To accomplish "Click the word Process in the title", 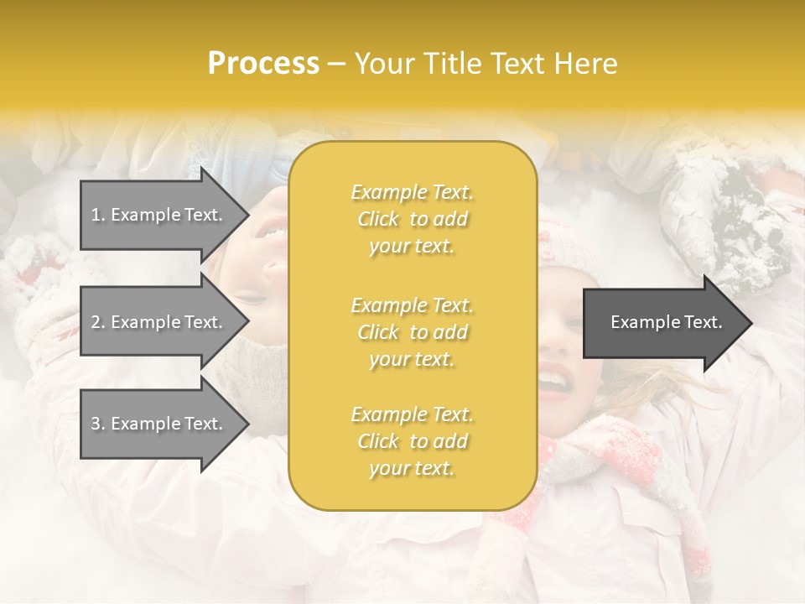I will click(x=263, y=64).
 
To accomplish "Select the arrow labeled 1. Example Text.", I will click(x=159, y=215).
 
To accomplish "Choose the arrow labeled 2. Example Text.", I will click(x=159, y=322).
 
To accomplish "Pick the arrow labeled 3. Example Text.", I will click(x=159, y=424).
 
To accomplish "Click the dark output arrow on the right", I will click(x=662, y=323).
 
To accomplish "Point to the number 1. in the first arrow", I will click(x=98, y=215).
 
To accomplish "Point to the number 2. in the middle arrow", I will click(x=98, y=322).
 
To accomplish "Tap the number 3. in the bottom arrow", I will click(x=98, y=424).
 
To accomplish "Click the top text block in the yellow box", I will click(x=412, y=219).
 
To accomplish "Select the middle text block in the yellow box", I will click(x=412, y=332).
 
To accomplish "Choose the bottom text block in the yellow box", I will click(x=412, y=441).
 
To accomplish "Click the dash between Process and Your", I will click(x=337, y=64).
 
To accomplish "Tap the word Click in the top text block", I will click(x=378, y=220).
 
